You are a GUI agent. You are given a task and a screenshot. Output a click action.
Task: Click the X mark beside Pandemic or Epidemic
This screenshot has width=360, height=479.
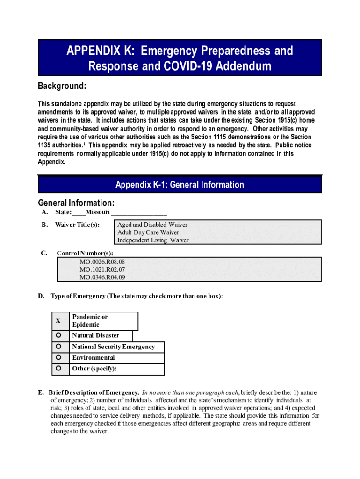pos(58,321)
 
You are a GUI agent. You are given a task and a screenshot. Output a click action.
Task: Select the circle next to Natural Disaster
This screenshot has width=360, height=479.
pos(58,335)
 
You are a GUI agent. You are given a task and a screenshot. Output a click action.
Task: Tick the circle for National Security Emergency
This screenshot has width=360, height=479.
pos(58,347)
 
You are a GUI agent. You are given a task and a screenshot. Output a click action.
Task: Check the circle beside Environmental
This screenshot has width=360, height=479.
pos(58,358)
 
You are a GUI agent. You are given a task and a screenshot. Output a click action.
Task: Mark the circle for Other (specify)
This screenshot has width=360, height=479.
pos(58,369)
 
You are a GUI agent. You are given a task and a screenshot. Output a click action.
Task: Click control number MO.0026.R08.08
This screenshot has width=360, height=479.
pos(102,262)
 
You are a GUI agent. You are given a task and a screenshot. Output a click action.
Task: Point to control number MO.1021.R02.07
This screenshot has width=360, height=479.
pos(102,269)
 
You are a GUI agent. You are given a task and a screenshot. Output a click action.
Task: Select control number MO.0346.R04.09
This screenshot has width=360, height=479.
pos(102,277)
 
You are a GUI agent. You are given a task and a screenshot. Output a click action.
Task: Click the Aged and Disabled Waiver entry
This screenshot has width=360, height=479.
pos(152,225)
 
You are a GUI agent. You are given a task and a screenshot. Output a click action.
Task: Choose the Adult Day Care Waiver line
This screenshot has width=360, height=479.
pos(148,232)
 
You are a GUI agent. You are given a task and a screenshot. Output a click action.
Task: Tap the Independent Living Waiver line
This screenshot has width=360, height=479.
pos(153,240)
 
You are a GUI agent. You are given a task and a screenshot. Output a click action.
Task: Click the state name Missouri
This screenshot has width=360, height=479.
pos(97,212)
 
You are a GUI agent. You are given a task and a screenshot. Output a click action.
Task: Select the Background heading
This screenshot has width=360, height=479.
pos(62,86)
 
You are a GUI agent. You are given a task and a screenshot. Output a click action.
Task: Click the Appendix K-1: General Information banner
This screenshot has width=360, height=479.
pos(180,185)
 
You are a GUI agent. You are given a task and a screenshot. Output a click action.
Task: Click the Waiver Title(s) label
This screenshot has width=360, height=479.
pos(77,225)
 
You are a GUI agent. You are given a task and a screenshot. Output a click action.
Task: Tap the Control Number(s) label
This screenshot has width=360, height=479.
pos(85,254)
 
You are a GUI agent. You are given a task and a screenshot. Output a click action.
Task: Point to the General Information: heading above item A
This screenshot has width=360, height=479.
pos(76,203)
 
